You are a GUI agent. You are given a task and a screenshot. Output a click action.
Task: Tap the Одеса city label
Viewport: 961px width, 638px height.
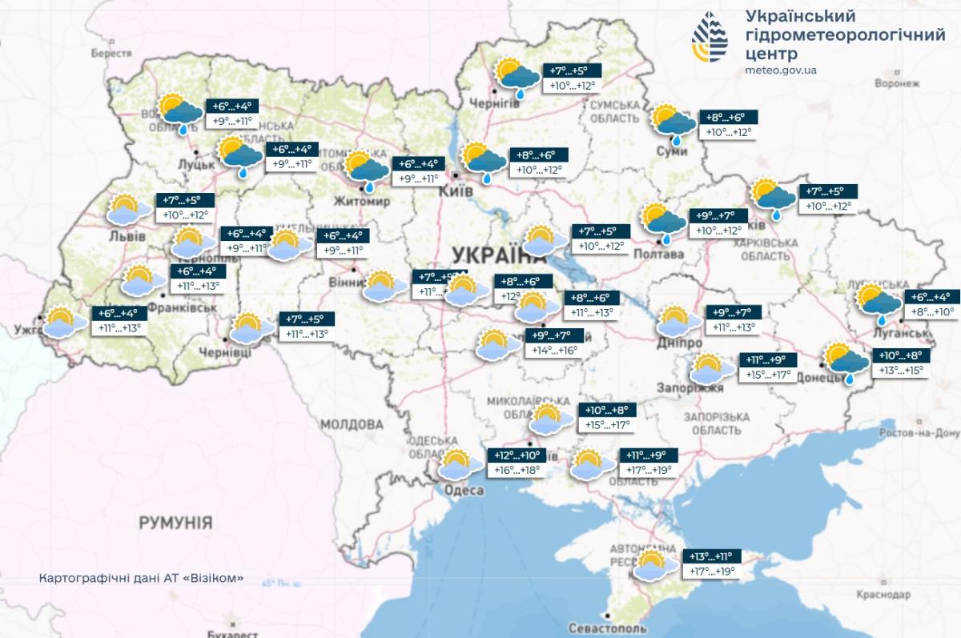click(x=464, y=491)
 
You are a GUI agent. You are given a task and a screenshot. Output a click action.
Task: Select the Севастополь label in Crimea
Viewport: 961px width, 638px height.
click(x=606, y=628)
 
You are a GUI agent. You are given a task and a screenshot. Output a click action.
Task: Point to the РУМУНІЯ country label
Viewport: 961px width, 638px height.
click(x=175, y=524)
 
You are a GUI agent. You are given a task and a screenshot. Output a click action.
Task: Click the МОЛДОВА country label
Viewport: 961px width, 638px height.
click(x=352, y=423)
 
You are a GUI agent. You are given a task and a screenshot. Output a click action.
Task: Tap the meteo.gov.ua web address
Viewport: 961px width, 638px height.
click(x=780, y=70)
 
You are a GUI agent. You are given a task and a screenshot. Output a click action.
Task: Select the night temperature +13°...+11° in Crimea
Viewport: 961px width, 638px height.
click(x=710, y=556)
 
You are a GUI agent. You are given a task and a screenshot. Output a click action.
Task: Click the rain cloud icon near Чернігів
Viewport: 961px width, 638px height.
click(x=517, y=76)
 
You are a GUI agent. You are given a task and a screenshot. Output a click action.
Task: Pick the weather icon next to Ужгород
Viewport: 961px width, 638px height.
click(x=65, y=322)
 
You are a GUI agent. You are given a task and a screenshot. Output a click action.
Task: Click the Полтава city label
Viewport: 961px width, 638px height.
click(x=658, y=255)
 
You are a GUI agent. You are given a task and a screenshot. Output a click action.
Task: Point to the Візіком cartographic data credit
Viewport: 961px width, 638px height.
click(x=140, y=578)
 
